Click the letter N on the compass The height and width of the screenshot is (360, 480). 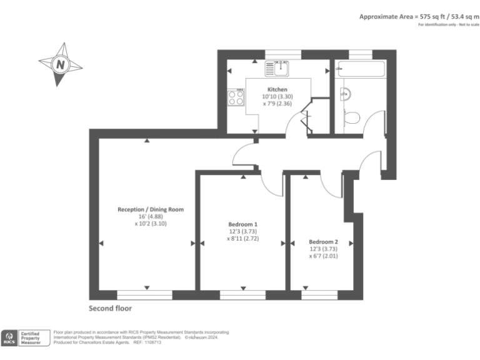tap(59, 64)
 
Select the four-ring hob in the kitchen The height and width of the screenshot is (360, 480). tap(236, 97)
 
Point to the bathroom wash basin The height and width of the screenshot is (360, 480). tap(344, 94)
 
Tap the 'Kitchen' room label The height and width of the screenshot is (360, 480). tap(277, 89)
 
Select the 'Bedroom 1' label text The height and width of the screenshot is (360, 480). tap(242, 224)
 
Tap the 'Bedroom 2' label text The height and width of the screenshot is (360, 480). tap(323, 242)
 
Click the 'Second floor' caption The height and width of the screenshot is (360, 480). tap(110, 309)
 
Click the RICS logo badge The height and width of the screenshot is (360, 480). tap(9, 338)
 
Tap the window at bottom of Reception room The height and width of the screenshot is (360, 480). tap(144, 292)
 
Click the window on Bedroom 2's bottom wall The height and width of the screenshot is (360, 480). tap(319, 292)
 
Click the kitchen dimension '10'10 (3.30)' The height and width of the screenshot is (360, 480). tap(277, 97)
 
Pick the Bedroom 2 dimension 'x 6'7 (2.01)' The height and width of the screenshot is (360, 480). tap(323, 256)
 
